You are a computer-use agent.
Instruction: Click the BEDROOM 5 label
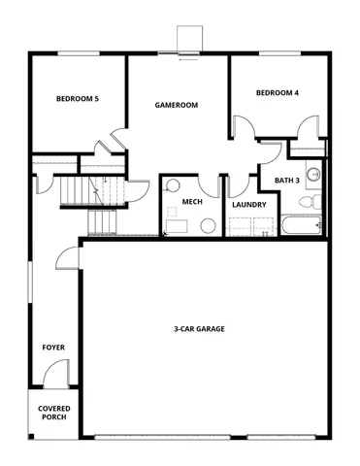pos(77,98)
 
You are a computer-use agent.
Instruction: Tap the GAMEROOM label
pos(178,103)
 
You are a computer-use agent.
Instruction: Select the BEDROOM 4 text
pos(277,93)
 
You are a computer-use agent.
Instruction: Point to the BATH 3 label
pos(287,180)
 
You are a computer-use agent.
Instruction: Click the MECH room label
pos(191,202)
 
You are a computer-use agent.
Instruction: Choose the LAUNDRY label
pos(249,205)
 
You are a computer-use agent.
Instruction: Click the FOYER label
pos(52,347)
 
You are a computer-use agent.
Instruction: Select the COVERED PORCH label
pos(53,413)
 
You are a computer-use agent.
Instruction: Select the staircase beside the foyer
pos(92,204)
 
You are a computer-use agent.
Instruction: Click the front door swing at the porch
pos(55,373)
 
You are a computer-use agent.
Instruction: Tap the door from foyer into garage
pos(67,257)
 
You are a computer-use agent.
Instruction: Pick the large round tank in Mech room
pos(208,225)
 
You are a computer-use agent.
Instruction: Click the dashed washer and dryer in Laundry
pos(251,227)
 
